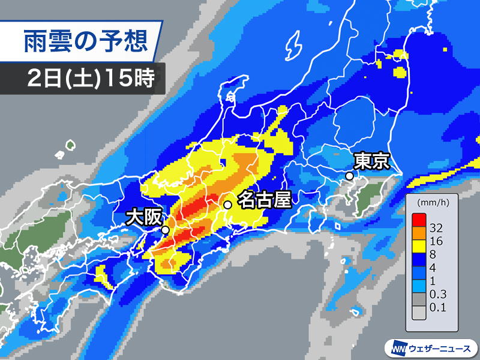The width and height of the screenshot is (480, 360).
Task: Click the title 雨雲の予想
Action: tap(85, 43)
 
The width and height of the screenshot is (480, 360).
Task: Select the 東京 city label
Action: tap(373, 161)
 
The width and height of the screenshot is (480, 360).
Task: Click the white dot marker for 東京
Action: tap(349, 176)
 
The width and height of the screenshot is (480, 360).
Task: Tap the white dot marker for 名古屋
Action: tap(228, 205)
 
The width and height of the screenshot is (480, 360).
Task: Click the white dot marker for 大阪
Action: tap(165, 229)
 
